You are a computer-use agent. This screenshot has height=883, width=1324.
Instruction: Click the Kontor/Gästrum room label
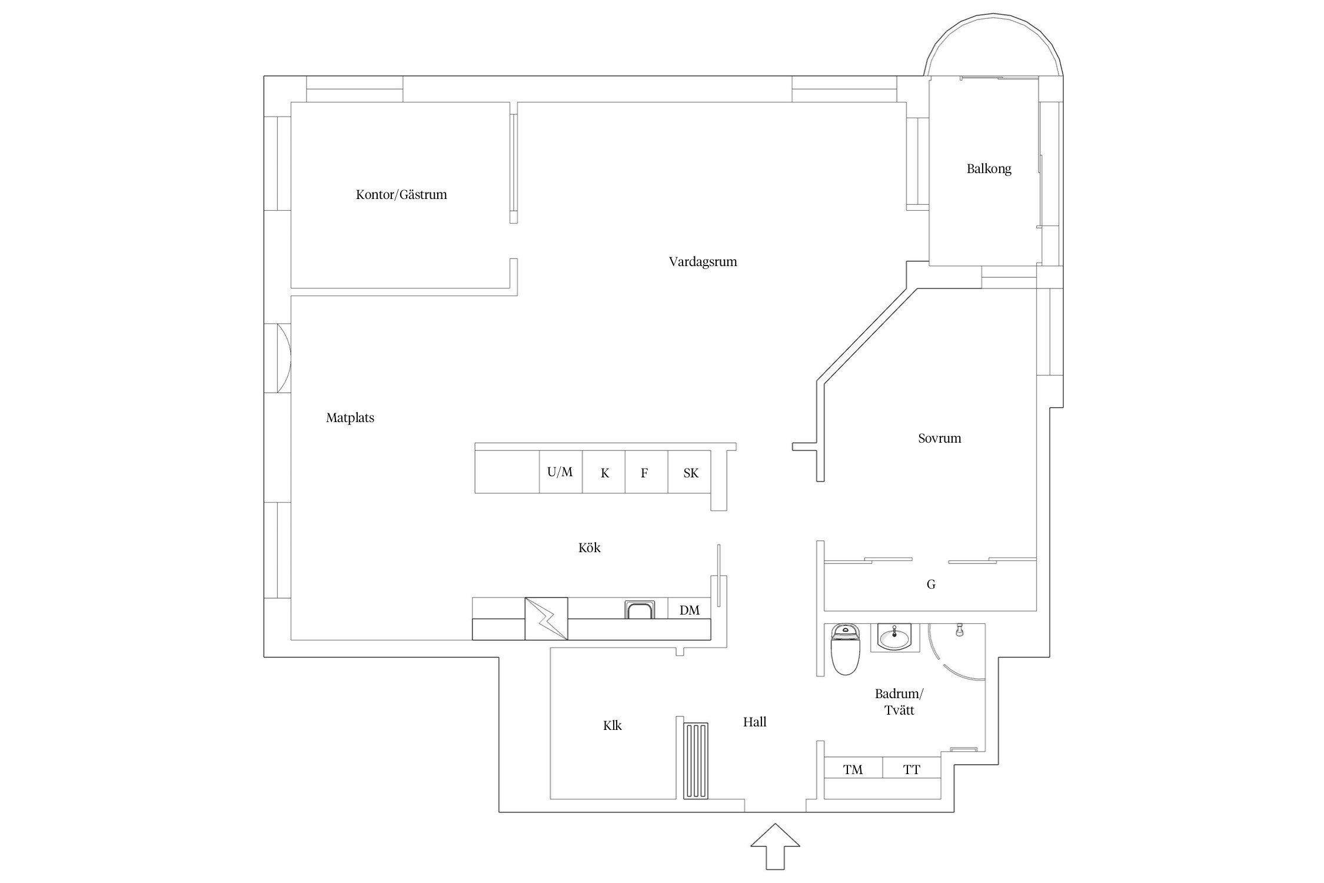(x=401, y=195)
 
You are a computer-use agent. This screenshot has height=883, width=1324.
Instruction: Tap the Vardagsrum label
(x=703, y=262)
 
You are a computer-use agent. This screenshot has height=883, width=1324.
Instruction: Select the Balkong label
(x=989, y=169)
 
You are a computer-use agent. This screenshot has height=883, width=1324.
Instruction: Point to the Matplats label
(x=350, y=418)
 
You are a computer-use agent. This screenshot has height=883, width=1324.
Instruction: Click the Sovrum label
(x=939, y=438)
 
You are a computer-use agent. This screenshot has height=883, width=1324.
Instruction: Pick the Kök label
(x=589, y=547)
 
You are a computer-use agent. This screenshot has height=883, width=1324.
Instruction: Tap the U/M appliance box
(x=561, y=472)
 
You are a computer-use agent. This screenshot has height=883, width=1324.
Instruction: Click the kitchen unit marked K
(x=604, y=472)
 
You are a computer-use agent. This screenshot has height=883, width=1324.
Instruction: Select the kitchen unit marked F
(x=646, y=472)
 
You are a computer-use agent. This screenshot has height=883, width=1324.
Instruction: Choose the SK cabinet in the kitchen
(x=690, y=472)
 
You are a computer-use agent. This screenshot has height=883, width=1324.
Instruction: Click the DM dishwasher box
(x=690, y=609)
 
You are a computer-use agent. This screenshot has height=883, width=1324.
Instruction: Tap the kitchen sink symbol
(x=639, y=610)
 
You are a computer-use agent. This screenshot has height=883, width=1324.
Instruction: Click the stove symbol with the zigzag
(x=546, y=619)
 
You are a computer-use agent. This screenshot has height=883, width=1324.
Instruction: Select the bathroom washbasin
(x=893, y=637)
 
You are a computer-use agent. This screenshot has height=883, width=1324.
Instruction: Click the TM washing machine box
(x=853, y=769)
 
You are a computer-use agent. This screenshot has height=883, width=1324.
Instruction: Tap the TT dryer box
(x=912, y=769)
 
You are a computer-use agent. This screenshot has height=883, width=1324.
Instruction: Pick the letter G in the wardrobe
(x=931, y=585)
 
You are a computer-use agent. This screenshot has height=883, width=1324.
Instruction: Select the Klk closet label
(x=612, y=726)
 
